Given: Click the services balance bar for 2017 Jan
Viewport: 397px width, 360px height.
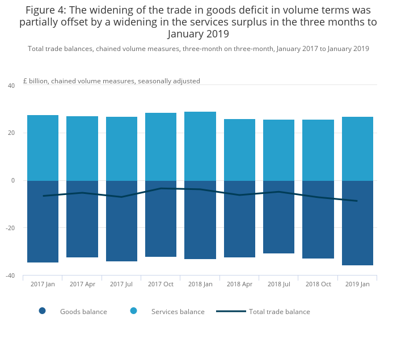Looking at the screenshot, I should [43, 148].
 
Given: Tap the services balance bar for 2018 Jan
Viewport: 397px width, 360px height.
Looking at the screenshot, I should [200, 146].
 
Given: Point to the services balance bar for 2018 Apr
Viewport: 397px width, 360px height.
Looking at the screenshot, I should [239, 150].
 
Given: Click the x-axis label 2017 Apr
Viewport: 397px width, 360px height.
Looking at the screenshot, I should [82, 284].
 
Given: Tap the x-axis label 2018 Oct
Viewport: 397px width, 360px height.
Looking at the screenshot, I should [318, 284].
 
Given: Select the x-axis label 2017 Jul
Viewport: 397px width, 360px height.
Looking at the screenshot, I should [121, 284].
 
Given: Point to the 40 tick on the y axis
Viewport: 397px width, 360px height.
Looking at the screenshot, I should [11, 86].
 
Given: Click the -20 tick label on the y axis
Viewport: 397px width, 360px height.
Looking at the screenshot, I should [10, 228].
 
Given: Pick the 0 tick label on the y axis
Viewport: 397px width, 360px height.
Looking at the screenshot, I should [13, 180].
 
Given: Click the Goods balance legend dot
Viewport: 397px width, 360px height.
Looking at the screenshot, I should [42, 311].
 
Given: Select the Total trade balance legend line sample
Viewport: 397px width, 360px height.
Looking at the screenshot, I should [231, 311].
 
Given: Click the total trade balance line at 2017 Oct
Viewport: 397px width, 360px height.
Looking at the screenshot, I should [161, 188].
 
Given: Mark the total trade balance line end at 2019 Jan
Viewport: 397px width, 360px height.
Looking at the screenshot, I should [357, 201].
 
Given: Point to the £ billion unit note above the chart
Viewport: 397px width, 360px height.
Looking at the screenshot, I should [111, 81].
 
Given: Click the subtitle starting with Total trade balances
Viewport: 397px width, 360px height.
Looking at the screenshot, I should [198, 49].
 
